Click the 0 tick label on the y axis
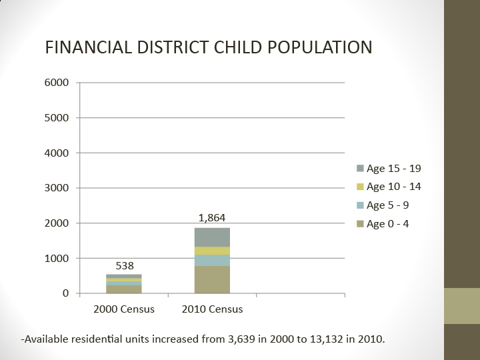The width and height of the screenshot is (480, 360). point(65,293)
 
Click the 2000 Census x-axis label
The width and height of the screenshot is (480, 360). point(124,309)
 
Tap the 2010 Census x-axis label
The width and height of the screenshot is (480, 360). point(212,309)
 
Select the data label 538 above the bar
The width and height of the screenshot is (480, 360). point(124,265)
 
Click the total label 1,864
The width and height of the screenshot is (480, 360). point(212,218)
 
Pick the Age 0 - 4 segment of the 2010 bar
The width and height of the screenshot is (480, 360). point(212,280)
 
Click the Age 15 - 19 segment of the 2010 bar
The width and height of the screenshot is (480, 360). point(212,237)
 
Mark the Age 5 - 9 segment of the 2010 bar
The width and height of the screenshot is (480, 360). point(212,260)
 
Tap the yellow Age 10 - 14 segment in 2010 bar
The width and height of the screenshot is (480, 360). point(212,251)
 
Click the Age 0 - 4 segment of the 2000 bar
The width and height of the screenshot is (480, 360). point(124,289)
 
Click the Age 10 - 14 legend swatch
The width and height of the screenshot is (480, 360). point(360,187)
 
